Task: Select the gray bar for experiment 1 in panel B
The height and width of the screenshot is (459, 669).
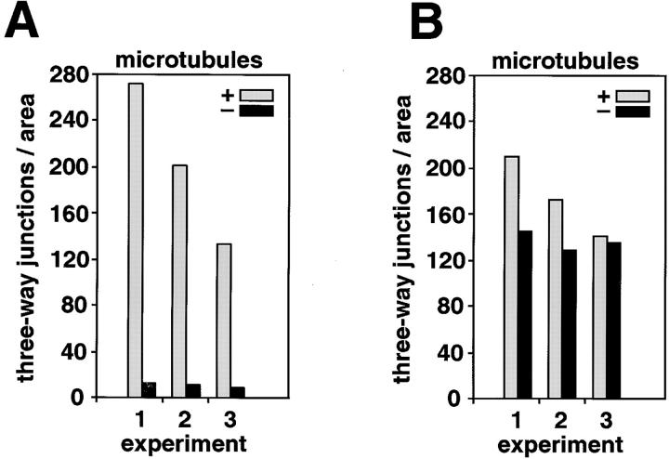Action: (x=511, y=278)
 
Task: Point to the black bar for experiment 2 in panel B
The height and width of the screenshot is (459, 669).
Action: (x=567, y=324)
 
